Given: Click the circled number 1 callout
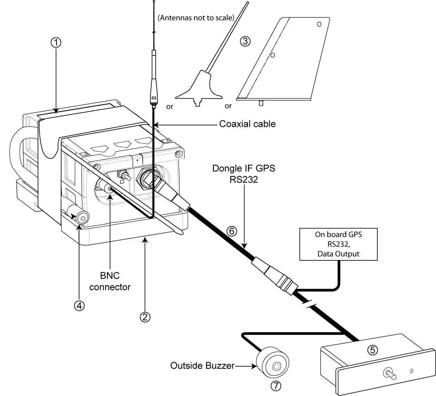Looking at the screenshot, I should (56, 43).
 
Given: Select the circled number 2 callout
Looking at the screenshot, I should (145, 317).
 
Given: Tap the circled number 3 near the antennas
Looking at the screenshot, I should (245, 41).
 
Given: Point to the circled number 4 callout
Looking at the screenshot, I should (79, 305).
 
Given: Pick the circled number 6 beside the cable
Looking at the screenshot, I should (232, 231).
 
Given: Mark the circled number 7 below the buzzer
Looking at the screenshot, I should (276, 385).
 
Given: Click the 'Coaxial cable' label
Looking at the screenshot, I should (247, 124).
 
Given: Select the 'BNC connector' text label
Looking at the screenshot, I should (110, 281).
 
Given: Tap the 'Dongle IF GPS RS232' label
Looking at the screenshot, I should (244, 174).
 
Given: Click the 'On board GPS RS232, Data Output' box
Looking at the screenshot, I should (338, 244).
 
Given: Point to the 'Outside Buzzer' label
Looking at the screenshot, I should (202, 366).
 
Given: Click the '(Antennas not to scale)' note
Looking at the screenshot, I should (196, 18).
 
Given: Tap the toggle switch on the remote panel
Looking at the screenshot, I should (388, 374).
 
